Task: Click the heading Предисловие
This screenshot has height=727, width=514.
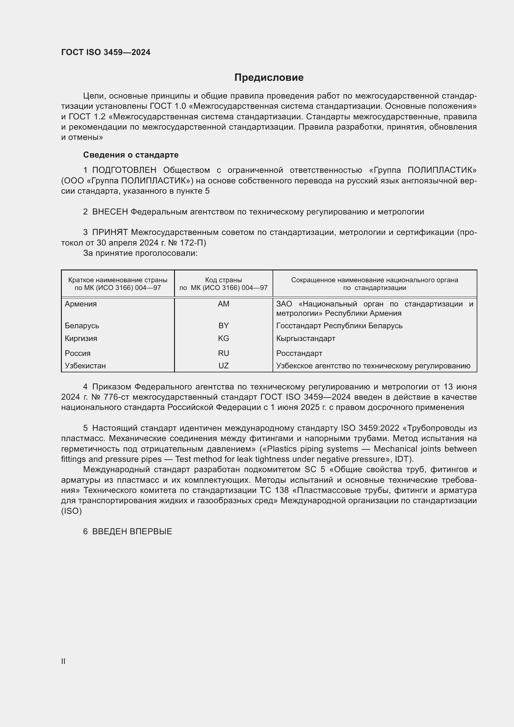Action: [269, 78]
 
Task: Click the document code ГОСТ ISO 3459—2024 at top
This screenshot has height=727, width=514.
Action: [106, 52]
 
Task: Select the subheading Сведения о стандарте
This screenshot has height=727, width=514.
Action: [131, 155]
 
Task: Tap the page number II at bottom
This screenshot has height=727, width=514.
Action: [63, 661]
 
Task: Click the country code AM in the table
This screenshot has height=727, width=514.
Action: [223, 304]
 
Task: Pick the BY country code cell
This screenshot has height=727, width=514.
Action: [223, 325]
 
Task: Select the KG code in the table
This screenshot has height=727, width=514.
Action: [223, 338]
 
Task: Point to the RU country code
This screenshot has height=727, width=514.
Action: [223, 353]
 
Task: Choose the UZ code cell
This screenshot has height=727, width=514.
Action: [223, 366]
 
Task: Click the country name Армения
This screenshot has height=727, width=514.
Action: [81, 304]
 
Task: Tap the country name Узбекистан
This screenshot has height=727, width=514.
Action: [85, 366]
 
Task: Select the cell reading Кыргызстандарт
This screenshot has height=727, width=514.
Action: [306, 338]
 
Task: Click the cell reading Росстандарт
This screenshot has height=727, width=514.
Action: [299, 353]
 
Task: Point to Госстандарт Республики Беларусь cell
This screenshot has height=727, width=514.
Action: [339, 325]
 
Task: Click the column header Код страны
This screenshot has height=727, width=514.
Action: [223, 280]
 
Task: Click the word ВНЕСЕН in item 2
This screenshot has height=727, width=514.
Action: [110, 212]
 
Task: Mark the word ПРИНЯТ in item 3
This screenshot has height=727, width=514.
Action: [110, 232]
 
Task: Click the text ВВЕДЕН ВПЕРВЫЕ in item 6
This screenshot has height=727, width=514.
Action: [132, 531]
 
